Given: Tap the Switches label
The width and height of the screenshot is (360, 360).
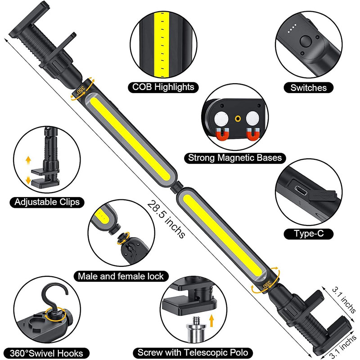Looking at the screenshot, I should click(306, 87).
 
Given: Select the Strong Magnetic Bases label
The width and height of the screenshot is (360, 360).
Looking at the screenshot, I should click(235, 157).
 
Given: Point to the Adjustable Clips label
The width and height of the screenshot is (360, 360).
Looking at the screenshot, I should click(47, 202).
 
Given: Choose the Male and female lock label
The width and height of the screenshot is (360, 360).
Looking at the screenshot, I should click(121, 275).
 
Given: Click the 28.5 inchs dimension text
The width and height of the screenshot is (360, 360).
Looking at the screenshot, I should click(166, 218).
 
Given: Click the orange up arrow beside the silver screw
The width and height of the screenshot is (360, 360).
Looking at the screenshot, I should click(212, 321).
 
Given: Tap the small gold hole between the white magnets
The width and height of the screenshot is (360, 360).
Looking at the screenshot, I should click(237, 118).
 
